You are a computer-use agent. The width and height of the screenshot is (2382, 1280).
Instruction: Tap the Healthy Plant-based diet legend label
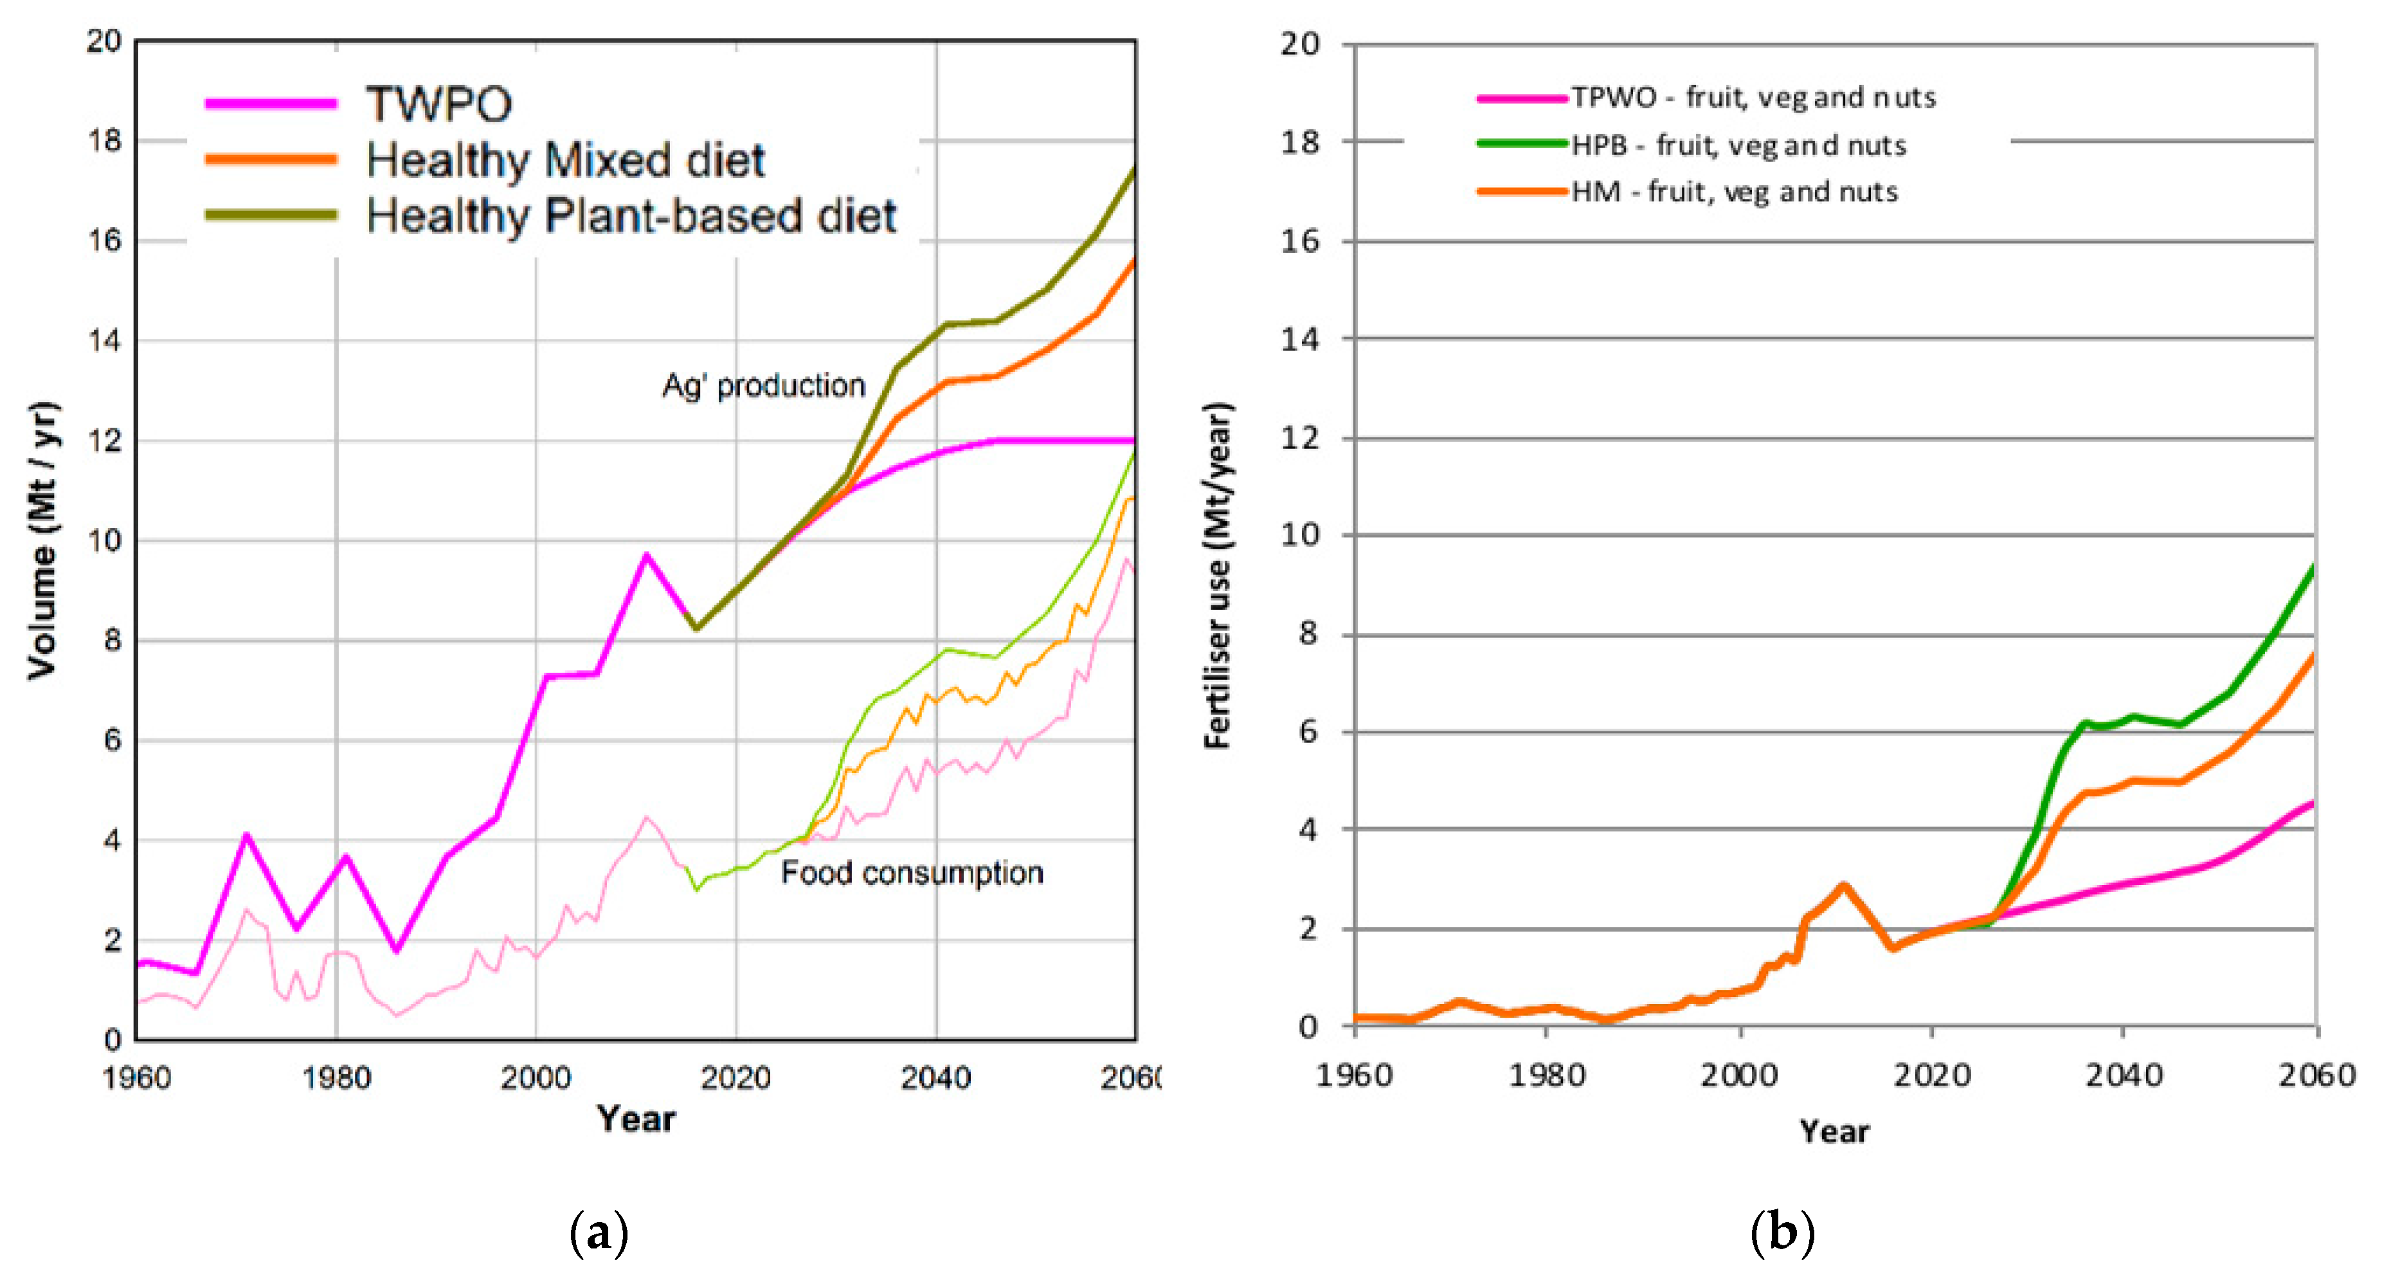tap(631, 215)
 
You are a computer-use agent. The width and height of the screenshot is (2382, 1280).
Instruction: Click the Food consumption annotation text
tap(912, 872)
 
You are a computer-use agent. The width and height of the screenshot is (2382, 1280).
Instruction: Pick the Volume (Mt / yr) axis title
tap(42, 540)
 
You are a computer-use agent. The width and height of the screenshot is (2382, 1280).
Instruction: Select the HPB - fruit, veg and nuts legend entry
tap(1738, 145)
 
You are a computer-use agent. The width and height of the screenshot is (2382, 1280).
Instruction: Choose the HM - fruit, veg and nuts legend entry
tap(1734, 192)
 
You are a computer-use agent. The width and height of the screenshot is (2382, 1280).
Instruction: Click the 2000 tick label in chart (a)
tap(536, 1077)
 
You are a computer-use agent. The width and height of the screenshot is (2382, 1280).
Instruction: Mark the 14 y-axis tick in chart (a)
tap(105, 340)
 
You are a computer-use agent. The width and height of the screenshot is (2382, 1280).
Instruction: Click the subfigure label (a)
tap(599, 1233)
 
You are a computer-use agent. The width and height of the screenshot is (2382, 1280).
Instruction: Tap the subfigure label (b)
tap(1782, 1233)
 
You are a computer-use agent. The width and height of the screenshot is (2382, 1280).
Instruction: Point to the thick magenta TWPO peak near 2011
tap(646, 555)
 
